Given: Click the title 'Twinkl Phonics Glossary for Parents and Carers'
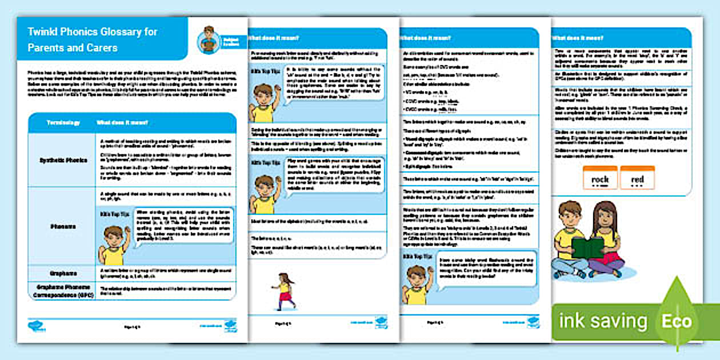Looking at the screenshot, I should [93, 39].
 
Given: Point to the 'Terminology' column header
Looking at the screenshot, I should [63, 123].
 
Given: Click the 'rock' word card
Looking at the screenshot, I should [600, 179].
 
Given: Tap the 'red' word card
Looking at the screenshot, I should [637, 179].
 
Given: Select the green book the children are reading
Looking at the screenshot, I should [587, 248].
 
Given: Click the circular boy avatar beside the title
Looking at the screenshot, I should [209, 41].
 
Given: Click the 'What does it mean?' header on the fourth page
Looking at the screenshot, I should [578, 38].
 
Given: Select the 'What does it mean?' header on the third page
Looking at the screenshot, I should [425, 38].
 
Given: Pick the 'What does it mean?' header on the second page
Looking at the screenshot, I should [273, 38].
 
